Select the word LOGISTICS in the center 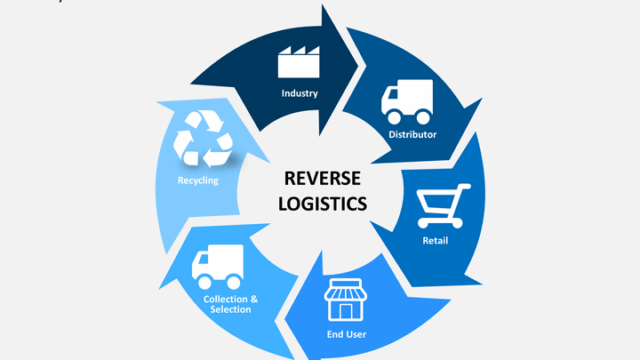pos(322,203)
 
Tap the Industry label pos(300,93)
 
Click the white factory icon pos(299,61)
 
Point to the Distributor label pos(412,134)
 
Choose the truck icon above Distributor pos(407,101)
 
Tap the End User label pos(346,334)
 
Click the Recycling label pos(197,180)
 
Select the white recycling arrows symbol pos(203,139)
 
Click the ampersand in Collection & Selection pos(254,298)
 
